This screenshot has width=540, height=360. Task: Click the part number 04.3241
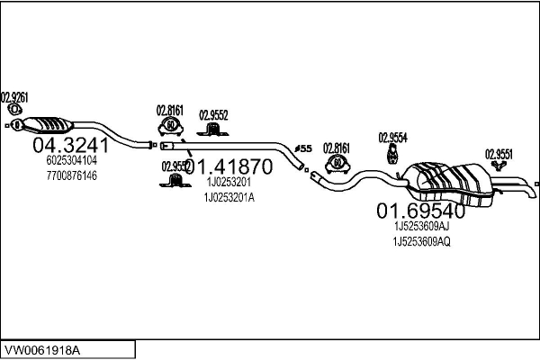click(x=70, y=146)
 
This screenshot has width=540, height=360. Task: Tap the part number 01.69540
click(x=420, y=211)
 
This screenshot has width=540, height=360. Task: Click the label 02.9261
click(x=14, y=96)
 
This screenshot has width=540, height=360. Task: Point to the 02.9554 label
click(x=392, y=137)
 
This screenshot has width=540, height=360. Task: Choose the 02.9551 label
click(x=499, y=153)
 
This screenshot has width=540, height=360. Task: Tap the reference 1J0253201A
click(x=229, y=197)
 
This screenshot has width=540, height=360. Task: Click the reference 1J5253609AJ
click(x=421, y=228)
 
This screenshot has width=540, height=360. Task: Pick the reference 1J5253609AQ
click(x=421, y=242)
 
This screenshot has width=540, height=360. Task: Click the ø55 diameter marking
click(x=303, y=148)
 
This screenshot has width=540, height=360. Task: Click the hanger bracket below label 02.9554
click(x=392, y=157)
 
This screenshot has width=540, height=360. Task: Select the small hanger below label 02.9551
click(x=498, y=167)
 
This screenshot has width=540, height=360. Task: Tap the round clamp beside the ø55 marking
click(x=336, y=164)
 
